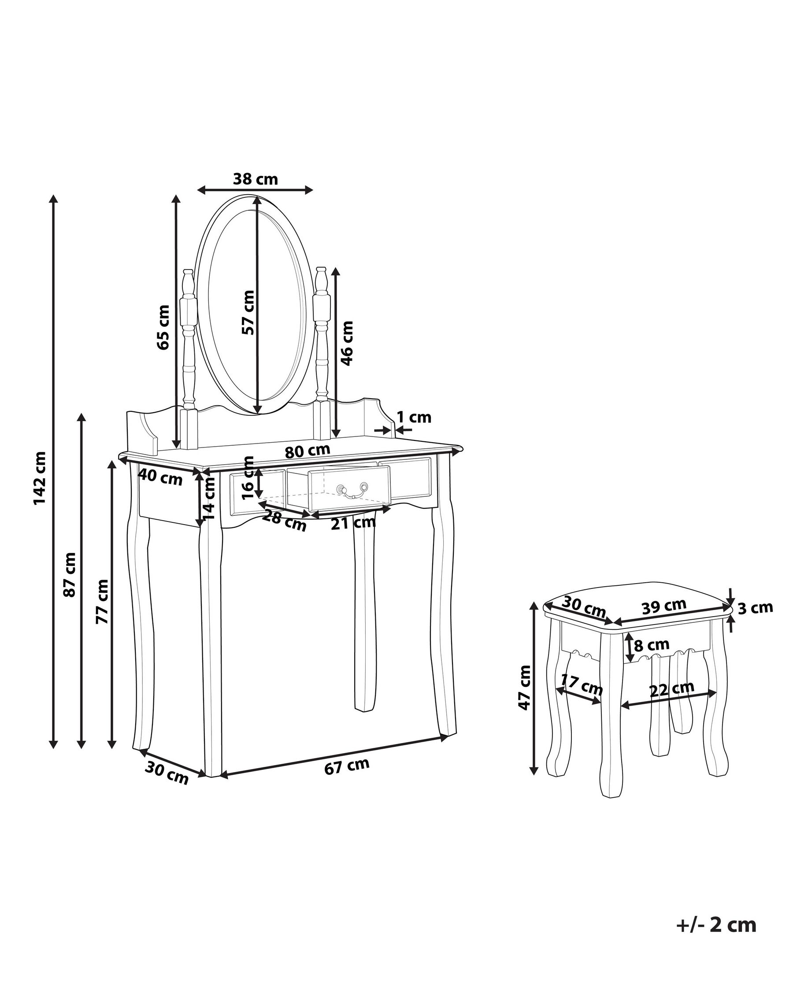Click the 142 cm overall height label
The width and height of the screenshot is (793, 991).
point(40,478)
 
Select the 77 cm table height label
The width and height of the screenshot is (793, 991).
point(102,601)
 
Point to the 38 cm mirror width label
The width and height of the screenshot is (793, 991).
point(256,179)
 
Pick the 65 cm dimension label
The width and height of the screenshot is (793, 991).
point(163,327)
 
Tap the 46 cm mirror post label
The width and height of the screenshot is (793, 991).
point(347,343)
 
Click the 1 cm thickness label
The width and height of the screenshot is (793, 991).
point(414,418)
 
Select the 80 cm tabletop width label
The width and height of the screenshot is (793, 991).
point(307,451)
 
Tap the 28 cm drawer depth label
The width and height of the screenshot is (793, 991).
point(284,521)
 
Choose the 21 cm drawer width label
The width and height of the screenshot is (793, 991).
point(353,523)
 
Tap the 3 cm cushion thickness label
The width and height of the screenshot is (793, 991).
point(755,608)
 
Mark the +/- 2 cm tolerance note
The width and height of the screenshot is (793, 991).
point(716,924)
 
